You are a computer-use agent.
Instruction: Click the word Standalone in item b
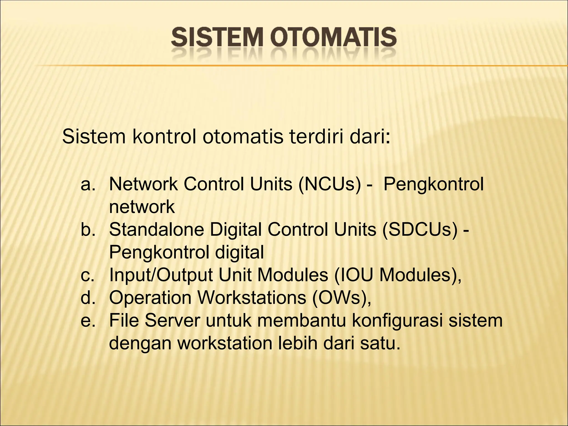156,230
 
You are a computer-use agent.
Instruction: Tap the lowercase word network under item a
142,207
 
